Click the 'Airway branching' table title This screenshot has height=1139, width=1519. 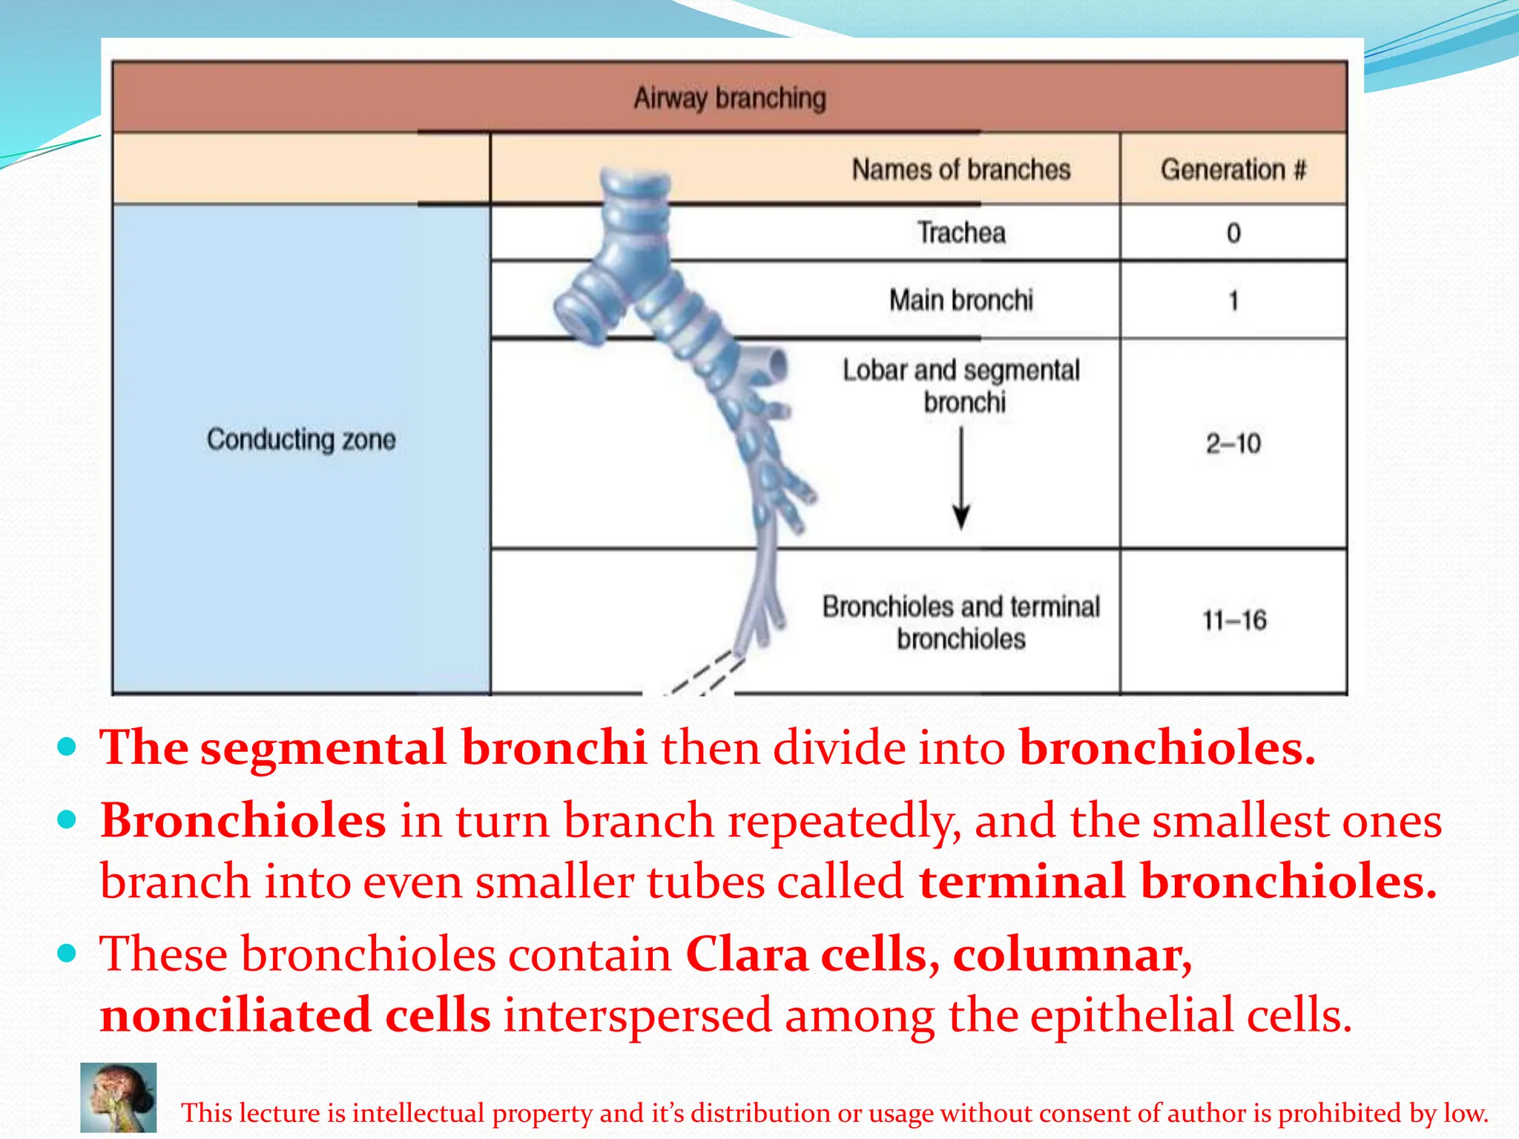730,98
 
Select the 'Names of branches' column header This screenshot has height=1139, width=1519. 961,170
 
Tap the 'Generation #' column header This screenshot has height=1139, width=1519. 1233,170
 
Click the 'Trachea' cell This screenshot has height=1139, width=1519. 961,233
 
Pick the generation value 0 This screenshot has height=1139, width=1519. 1233,234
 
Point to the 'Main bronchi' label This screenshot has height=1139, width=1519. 961,300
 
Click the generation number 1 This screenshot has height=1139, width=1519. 1233,301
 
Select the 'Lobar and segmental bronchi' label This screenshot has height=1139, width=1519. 961,386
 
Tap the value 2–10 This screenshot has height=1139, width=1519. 1233,443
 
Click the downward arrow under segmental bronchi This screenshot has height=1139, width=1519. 961,478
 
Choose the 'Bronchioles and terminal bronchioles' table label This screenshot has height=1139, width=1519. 961,622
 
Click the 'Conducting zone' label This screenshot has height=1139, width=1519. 301,440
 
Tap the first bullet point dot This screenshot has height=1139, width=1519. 67,746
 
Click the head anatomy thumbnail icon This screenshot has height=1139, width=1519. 119,1097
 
